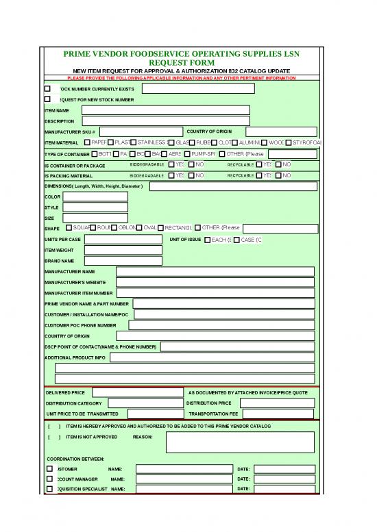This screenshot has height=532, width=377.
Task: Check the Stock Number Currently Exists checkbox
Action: click(48, 88)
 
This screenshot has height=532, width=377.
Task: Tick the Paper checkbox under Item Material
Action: click(87, 142)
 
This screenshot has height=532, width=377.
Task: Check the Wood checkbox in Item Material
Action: click(265, 142)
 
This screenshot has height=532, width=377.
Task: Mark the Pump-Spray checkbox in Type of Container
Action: click(188, 153)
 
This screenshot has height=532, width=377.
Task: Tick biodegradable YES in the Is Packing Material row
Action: click(171, 175)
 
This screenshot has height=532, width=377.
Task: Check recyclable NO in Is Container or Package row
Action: click(279, 164)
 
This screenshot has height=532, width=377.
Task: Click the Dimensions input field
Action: click(233, 186)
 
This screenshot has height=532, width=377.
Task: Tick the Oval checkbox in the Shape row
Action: click(140, 227)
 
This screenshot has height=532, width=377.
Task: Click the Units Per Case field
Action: click(123, 239)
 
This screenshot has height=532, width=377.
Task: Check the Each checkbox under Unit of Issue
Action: click(208, 240)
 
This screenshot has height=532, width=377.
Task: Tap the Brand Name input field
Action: click(123, 261)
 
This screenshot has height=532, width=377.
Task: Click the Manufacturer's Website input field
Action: click(215, 282)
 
